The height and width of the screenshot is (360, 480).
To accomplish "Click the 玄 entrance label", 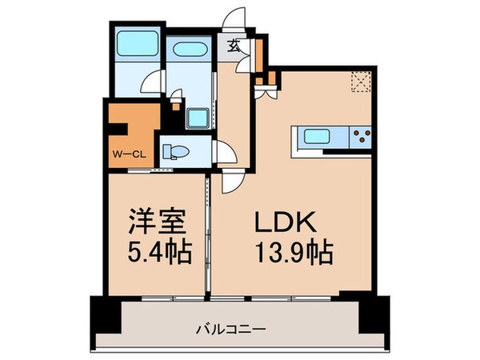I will pos(233,46).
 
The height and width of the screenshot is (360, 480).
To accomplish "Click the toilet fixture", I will pos(176,151).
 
